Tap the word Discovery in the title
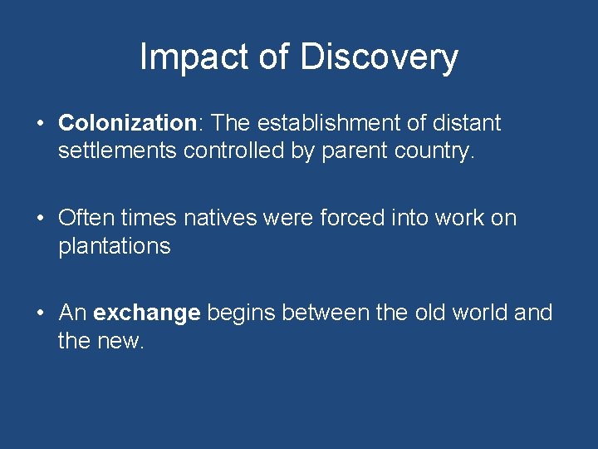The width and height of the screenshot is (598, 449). click(x=379, y=57)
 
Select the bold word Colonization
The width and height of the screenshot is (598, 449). click(x=125, y=124)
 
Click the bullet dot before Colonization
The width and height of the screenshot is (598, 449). click(x=40, y=125)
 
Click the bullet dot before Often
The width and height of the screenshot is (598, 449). click(x=40, y=220)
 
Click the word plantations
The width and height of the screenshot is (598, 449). click(x=114, y=247)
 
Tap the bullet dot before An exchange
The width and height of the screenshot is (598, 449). click(x=40, y=313)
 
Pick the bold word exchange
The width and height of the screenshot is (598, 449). click(x=147, y=313)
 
